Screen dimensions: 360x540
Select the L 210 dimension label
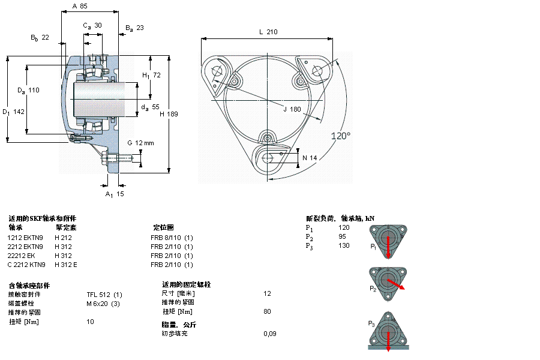268,32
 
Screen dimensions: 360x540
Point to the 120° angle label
341,136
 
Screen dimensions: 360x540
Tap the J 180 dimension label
292,109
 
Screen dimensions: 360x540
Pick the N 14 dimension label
310,158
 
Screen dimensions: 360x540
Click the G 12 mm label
140,143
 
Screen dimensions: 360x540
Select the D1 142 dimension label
13,112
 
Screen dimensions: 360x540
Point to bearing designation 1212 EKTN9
25,237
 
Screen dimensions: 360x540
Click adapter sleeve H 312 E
66,265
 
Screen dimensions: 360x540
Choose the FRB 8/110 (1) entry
172,237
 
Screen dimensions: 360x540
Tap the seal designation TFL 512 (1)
104,294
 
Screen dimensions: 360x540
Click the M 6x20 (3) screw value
103,303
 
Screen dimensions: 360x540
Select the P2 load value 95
343,236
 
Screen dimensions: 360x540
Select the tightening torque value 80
268,311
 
